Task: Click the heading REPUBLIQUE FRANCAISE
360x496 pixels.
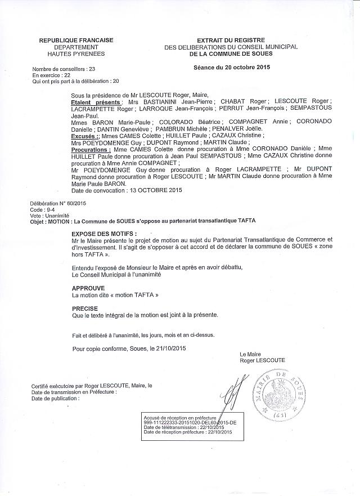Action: (76, 40)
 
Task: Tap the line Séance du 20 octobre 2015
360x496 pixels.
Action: (231, 68)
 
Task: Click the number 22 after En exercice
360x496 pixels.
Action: (67, 75)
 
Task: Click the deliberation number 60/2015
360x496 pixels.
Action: (73, 203)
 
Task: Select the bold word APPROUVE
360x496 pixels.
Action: (89, 287)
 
